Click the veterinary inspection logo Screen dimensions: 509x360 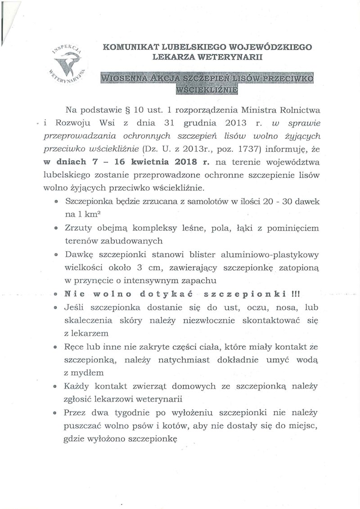tap(68, 63)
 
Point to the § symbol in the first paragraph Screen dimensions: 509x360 tap(126, 110)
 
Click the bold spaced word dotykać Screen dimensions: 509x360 tap(166, 295)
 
